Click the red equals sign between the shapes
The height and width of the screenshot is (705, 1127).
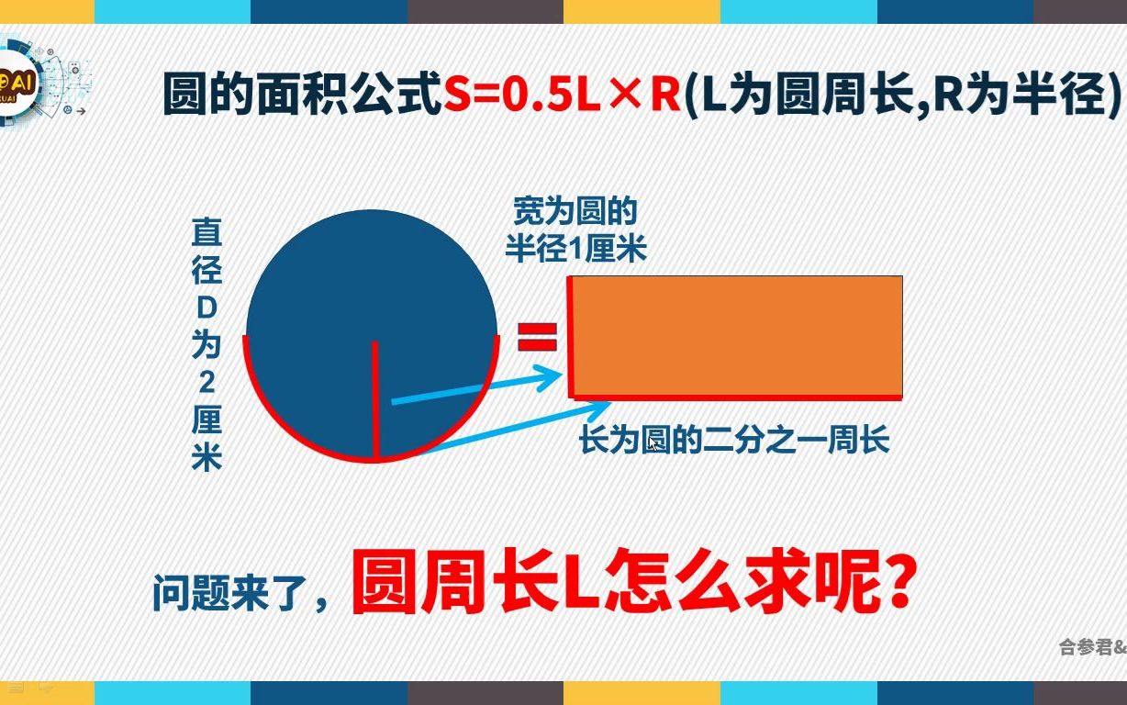[x=538, y=337]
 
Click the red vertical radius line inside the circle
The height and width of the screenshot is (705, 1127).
[x=374, y=399]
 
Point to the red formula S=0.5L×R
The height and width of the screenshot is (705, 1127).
[x=563, y=95]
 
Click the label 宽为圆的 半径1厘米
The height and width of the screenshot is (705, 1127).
[x=575, y=230]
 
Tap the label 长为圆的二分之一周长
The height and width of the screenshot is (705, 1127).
[x=734, y=441]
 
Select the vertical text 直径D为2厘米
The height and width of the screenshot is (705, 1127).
[x=206, y=344]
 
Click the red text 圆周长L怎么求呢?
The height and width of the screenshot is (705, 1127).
[x=633, y=585]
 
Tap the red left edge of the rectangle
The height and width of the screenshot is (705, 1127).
[x=571, y=335]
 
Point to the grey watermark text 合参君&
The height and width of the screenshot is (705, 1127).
[x=1092, y=646]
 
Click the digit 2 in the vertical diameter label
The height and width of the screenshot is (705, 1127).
[x=207, y=383]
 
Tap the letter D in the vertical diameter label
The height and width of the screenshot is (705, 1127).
[x=207, y=308]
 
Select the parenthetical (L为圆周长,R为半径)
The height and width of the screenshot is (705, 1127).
[x=904, y=95]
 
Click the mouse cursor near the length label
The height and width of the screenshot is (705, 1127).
[x=653, y=442]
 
